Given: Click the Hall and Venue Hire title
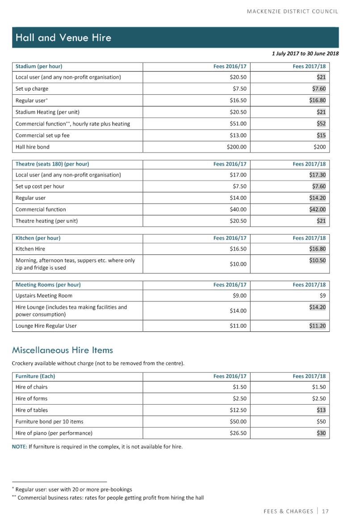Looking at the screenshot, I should click(x=63, y=38).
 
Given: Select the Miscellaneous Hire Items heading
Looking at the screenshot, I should click(x=62, y=350).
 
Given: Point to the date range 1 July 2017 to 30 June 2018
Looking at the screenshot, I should click(x=305, y=54).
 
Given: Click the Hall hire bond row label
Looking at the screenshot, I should click(x=32, y=147).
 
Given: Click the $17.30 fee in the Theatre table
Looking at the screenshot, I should click(x=317, y=175).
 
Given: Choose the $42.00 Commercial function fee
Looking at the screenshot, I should click(x=317, y=209).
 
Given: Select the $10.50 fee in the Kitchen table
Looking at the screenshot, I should click(x=317, y=260).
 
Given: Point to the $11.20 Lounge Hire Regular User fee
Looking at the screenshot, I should click(x=317, y=326).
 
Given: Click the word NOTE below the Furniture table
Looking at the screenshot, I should click(x=19, y=447).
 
